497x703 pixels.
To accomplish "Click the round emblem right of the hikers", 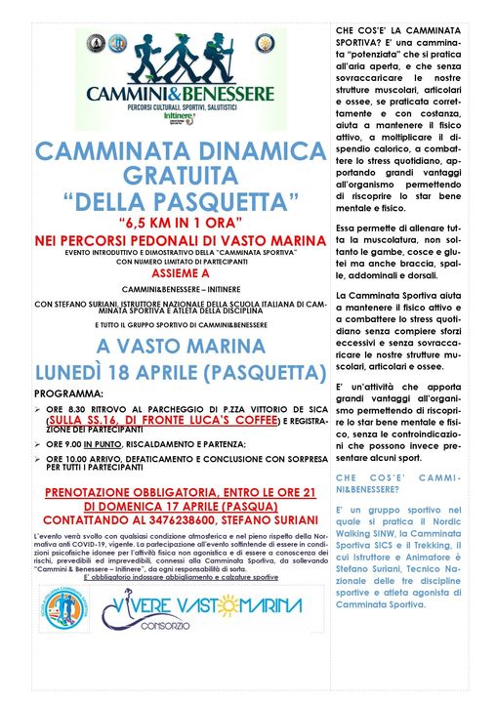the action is point(264,43).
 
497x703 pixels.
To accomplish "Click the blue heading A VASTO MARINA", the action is point(181,346).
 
